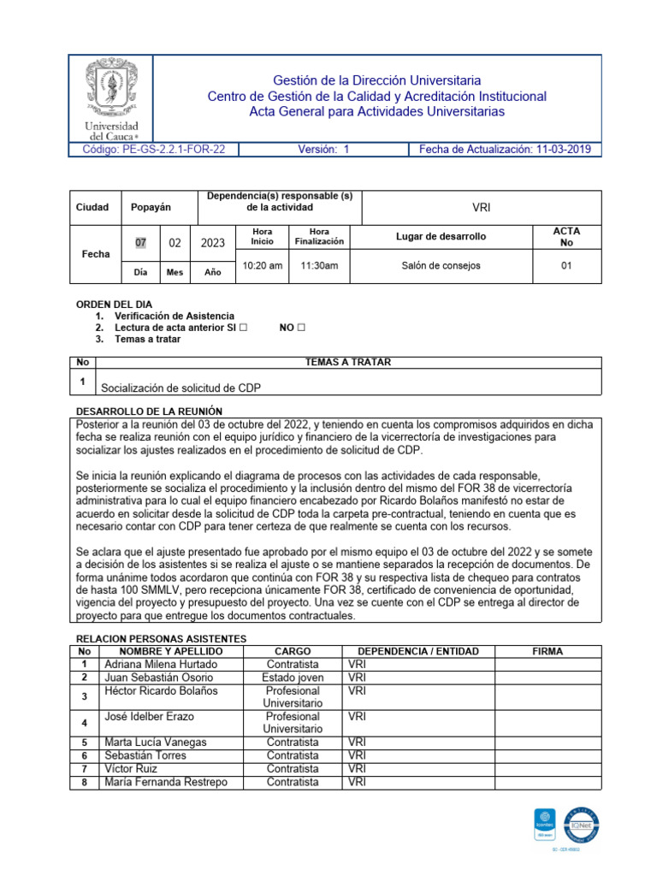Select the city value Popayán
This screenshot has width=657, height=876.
coord(151,208)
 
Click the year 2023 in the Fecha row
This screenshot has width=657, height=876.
coord(212,243)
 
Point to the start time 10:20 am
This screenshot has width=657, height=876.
coord(262,266)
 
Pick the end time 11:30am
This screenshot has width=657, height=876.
coord(318,266)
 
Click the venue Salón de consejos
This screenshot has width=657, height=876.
coord(441,266)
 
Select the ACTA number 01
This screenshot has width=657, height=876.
coord(565,266)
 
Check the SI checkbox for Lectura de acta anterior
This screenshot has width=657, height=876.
coord(244,328)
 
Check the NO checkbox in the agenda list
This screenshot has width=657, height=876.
coord(301,328)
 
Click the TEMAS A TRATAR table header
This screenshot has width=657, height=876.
coord(347,363)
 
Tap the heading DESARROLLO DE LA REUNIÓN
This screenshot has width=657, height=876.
coord(149,411)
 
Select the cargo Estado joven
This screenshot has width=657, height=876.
coord(293,678)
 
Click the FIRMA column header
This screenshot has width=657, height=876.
coord(547,651)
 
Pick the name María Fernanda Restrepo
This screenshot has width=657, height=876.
coord(166,782)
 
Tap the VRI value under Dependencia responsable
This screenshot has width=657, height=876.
coord(482,208)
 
